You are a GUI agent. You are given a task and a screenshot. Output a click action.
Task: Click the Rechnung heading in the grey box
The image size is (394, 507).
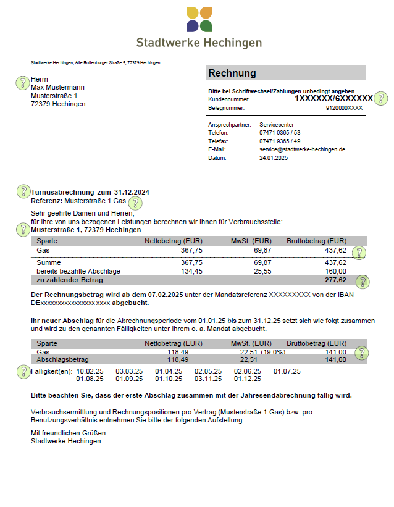232,73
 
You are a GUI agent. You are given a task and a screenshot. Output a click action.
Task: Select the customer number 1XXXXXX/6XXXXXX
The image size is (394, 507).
333,99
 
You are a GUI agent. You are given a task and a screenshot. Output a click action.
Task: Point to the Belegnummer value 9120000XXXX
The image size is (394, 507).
344,108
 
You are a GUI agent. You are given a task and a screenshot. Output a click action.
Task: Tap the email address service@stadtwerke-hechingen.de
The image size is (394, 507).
302,149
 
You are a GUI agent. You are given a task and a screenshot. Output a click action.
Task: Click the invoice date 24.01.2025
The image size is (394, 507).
274,158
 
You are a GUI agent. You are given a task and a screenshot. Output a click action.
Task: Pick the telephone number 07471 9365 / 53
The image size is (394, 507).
280,133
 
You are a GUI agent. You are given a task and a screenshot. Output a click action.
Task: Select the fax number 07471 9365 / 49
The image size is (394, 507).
280,141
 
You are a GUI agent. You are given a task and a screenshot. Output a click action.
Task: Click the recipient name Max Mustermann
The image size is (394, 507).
57,88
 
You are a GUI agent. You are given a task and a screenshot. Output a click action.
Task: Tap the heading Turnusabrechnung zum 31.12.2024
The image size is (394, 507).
90,192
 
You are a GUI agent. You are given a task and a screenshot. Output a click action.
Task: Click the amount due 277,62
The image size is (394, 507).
335,280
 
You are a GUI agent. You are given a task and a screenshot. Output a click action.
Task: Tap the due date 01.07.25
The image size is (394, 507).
287,371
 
